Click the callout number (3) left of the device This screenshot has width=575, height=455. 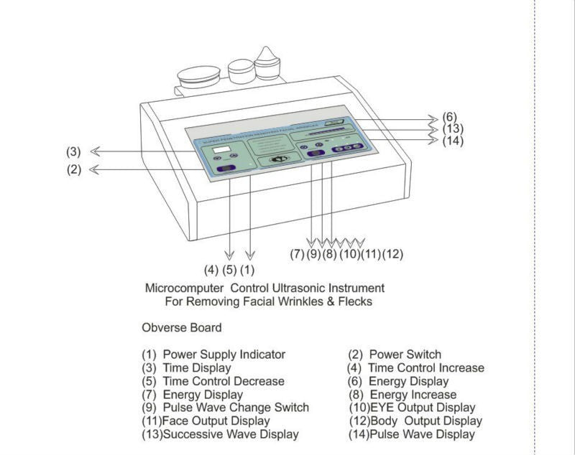click(x=73, y=151)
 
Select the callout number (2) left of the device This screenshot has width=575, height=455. click(x=73, y=170)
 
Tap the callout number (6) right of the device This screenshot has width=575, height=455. click(x=450, y=117)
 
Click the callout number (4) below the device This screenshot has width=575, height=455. click(x=211, y=271)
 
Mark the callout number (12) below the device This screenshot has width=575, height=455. click(x=392, y=253)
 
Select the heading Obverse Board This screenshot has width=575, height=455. click(x=181, y=328)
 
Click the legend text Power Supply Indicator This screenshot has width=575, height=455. click(x=224, y=355)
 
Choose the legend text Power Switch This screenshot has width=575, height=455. click(x=405, y=355)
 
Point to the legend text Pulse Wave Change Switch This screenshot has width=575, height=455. click(x=236, y=408)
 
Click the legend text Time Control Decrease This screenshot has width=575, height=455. click(x=223, y=381)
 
